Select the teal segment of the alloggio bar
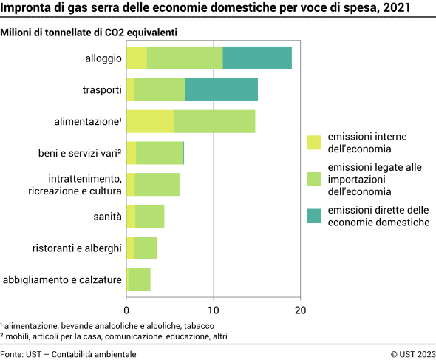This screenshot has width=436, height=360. point(257,58)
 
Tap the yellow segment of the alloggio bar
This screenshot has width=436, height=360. point(137,58)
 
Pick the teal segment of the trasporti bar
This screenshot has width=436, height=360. point(221,89)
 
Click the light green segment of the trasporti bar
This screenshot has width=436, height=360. point(160,89)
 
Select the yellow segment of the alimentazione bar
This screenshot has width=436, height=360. point(150,121)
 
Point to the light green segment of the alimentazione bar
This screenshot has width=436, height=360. point(214,121)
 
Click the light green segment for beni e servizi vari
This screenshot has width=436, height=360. point(159,153)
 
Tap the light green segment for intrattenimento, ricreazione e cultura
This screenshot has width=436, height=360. point(157,185)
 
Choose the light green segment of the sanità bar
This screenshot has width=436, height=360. point(149,217)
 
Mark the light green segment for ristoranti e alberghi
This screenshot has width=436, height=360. point(146,248)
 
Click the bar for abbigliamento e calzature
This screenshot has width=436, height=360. point(139,280)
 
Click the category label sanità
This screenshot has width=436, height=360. point(108,217)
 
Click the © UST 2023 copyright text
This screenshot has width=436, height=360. point(413,354)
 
